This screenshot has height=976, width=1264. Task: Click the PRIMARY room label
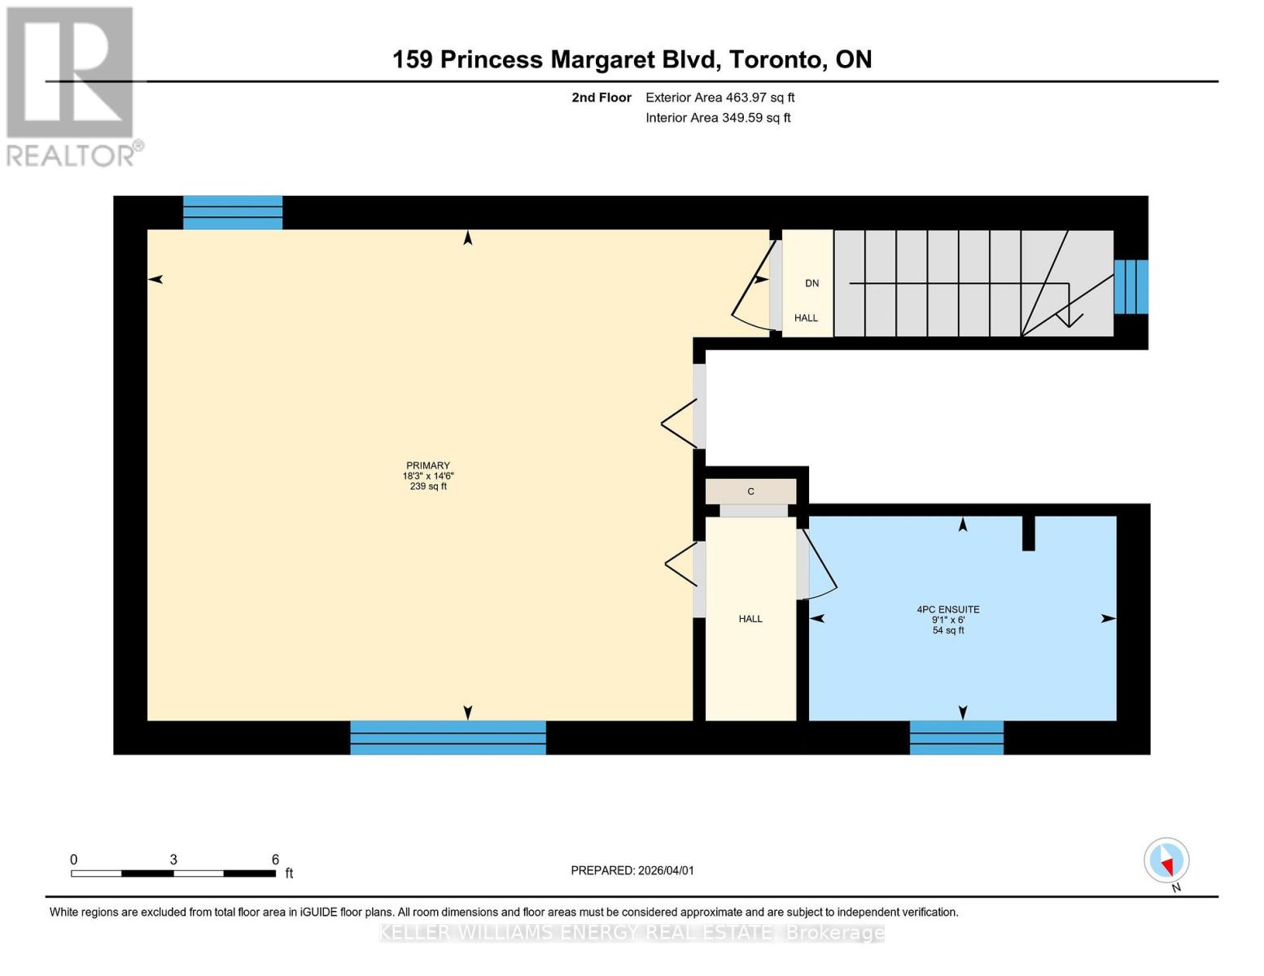[427, 466]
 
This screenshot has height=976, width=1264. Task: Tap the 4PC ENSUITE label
[947, 609]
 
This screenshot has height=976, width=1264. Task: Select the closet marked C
[750, 491]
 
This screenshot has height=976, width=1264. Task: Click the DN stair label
[811, 283]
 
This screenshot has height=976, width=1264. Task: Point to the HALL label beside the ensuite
[750, 619]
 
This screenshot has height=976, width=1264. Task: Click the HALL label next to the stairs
[806, 318]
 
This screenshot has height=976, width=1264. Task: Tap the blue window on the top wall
[232, 212]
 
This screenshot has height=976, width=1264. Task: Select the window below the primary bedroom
[448, 738]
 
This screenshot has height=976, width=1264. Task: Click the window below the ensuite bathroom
[956, 738]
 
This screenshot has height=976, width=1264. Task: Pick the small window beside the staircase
[1131, 286]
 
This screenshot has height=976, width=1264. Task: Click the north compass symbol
[1166, 861]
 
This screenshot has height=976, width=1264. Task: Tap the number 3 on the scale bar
[173, 860]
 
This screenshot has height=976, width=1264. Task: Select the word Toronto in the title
[774, 59]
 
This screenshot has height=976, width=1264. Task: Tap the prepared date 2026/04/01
[666, 870]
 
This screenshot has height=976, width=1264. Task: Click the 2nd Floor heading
[601, 98]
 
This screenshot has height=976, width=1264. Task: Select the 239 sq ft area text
[427, 486]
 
